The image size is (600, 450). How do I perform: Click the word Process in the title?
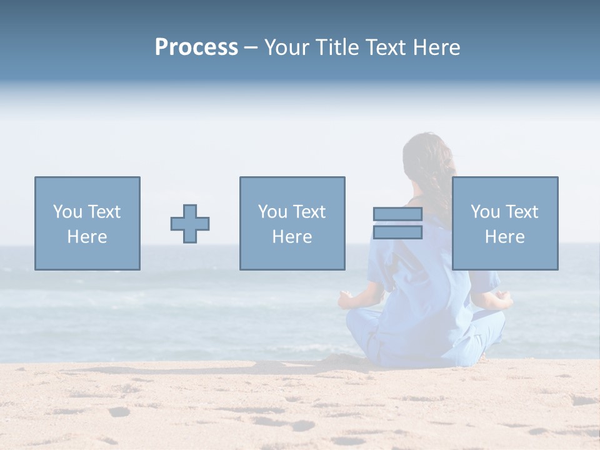pyautogui.click(x=196, y=47)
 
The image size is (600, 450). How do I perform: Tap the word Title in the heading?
pyautogui.click(x=336, y=47)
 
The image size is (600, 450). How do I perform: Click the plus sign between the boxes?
pyautogui.click(x=190, y=224)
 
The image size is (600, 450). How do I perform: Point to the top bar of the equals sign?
pyautogui.click(x=397, y=214)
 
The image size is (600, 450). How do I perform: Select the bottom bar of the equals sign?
pyautogui.click(x=397, y=232)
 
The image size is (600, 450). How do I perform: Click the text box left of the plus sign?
pyautogui.click(x=87, y=224)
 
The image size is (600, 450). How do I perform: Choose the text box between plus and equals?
pyautogui.click(x=292, y=224)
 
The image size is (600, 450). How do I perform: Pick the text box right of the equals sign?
pyautogui.click(x=505, y=224)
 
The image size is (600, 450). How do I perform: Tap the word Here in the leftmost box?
pyautogui.click(x=87, y=237)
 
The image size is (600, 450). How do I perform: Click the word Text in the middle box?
pyautogui.click(x=309, y=212)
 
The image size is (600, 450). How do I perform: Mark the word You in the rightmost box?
pyautogui.click(x=485, y=212)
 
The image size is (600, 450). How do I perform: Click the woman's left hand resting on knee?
pyautogui.click(x=346, y=299)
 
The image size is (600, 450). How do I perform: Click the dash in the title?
pyautogui.click(x=251, y=47)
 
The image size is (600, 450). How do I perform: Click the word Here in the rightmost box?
pyautogui.click(x=505, y=237)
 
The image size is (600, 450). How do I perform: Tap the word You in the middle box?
pyautogui.click(x=272, y=212)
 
